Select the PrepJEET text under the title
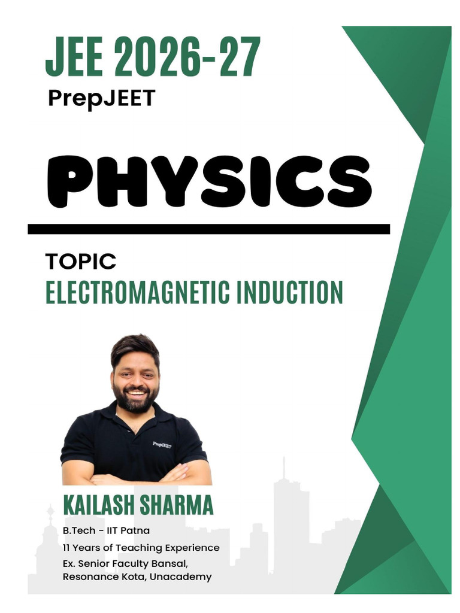point(101,98)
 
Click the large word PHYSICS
point(209,181)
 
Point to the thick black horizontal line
point(208,229)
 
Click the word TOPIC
point(80,262)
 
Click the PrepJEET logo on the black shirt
point(162,445)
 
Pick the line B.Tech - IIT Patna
point(105,531)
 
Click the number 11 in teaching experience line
point(66,548)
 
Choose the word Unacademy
point(185,577)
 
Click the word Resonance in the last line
point(87,577)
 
